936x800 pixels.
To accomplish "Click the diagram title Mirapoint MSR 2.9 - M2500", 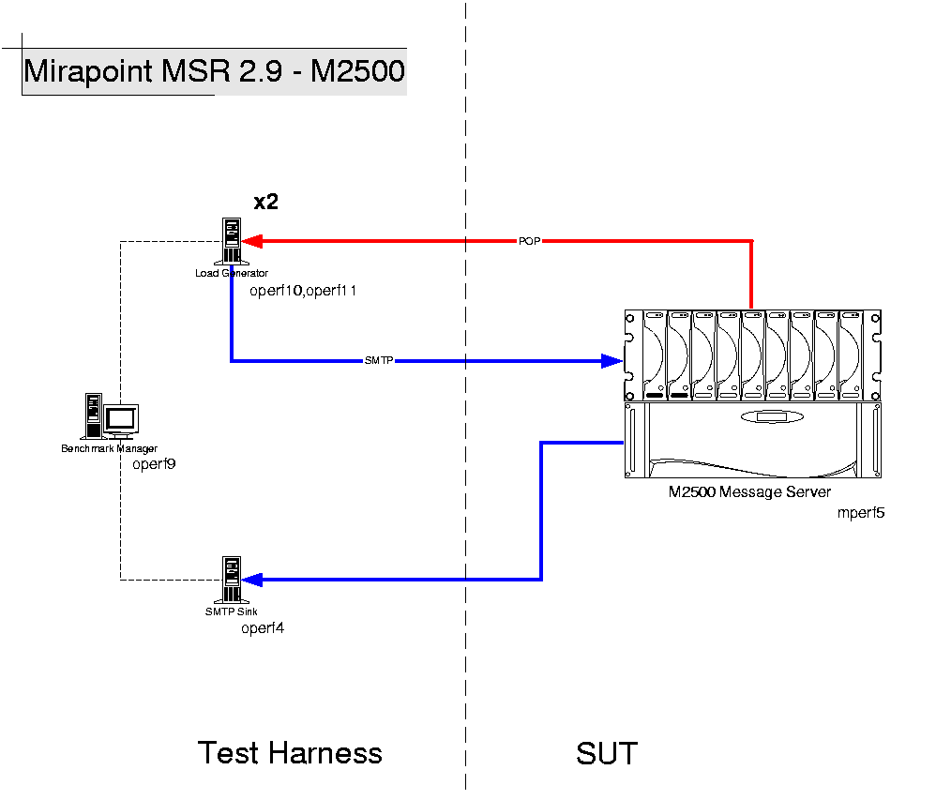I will coord(214,72).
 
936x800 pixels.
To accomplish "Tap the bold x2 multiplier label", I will coord(266,202).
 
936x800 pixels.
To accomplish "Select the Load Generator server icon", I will coord(231,241).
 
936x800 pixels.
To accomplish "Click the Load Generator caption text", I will coord(232,273).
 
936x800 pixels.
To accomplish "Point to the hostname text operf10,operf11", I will coord(303,291).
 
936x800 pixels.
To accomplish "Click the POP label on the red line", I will coord(529,241).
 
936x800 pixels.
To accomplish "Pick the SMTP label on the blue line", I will coord(378,360).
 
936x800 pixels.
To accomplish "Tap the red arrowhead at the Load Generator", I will coord(253,241).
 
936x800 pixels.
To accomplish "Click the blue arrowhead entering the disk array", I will coord(614,360).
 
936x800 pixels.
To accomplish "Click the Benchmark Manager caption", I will coord(110,448).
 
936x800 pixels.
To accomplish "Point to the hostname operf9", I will coord(154,463).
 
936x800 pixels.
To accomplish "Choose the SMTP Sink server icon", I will coord(231,581).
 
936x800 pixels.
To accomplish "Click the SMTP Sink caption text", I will coord(232,612).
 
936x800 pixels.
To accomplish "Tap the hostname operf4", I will coord(263,628).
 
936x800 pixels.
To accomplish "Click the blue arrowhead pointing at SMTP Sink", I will coord(253,580).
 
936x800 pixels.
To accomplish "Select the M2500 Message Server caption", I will coord(749,491).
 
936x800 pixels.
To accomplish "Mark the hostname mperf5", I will coord(861,513).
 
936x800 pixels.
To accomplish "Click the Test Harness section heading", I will coord(290,753).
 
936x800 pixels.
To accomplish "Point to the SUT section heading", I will coord(607,753).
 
